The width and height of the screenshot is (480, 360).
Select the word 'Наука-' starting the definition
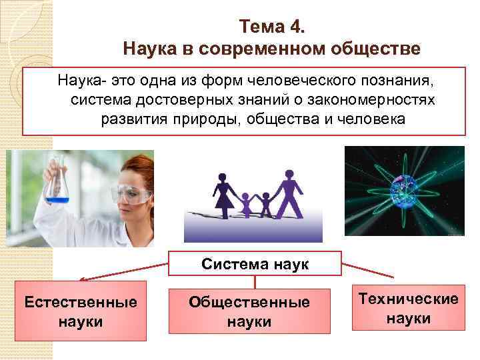coord(79,81)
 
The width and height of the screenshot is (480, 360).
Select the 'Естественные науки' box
coord(81,311)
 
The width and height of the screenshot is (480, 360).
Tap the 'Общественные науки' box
coord(249,311)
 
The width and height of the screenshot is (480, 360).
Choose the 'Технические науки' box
coord(408,308)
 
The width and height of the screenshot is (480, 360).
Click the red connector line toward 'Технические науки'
coord(369,269)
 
